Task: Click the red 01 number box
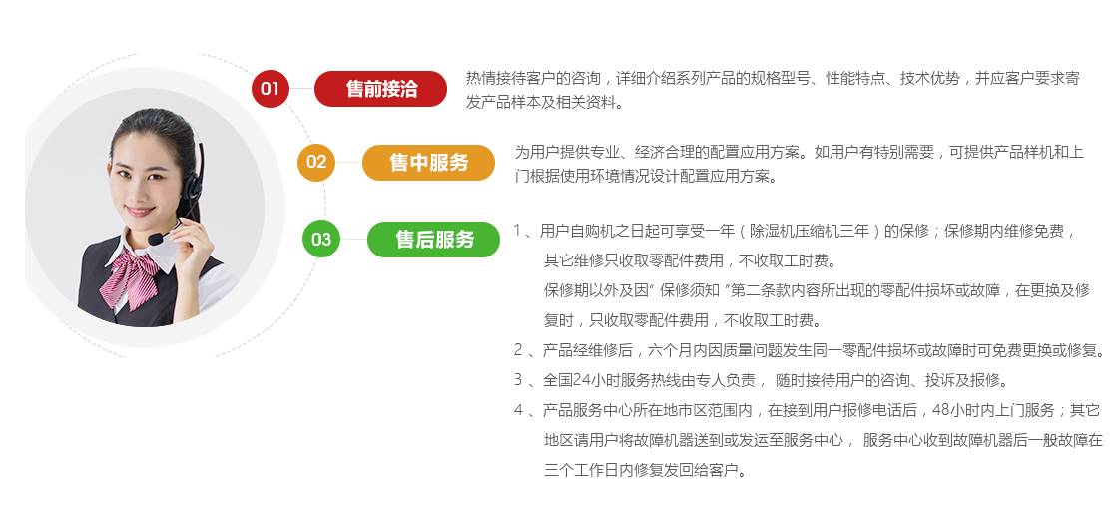270,89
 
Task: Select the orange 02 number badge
316,162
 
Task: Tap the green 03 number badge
321,239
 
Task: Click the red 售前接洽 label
381,89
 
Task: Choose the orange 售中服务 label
428,162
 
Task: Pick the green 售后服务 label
434,239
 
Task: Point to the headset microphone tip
156,240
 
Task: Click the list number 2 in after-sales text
518,350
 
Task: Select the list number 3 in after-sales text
518,380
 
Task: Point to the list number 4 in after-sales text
518,410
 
